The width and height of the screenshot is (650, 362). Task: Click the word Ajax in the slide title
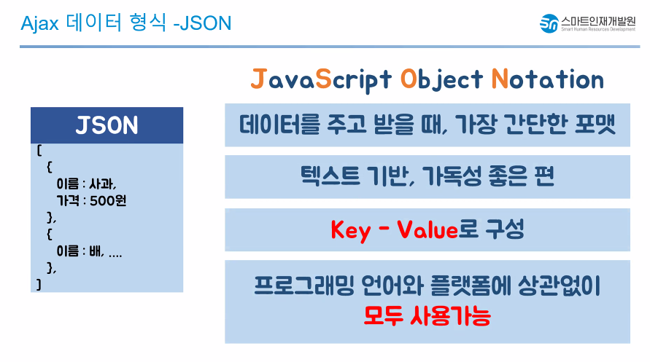(40, 23)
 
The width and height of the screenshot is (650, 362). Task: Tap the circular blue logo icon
(549, 23)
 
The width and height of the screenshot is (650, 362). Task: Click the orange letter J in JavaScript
(258, 79)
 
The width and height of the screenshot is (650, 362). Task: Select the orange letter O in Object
(409, 79)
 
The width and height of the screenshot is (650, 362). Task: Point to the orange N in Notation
(500, 79)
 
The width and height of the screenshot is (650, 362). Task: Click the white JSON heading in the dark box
(107, 125)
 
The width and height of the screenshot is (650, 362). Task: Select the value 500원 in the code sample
(108, 200)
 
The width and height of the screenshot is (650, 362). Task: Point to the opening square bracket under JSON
(39, 150)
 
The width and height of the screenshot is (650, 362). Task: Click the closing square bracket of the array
(39, 284)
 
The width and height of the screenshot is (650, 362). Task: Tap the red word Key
(350, 230)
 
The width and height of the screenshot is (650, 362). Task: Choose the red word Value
(427, 229)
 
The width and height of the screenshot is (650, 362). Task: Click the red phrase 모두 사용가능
(427, 315)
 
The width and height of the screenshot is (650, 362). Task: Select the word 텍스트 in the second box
(330, 176)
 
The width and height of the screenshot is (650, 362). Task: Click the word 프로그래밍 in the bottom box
(304, 286)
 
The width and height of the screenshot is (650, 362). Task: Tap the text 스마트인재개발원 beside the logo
(598, 20)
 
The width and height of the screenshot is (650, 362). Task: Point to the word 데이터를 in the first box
(280, 124)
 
